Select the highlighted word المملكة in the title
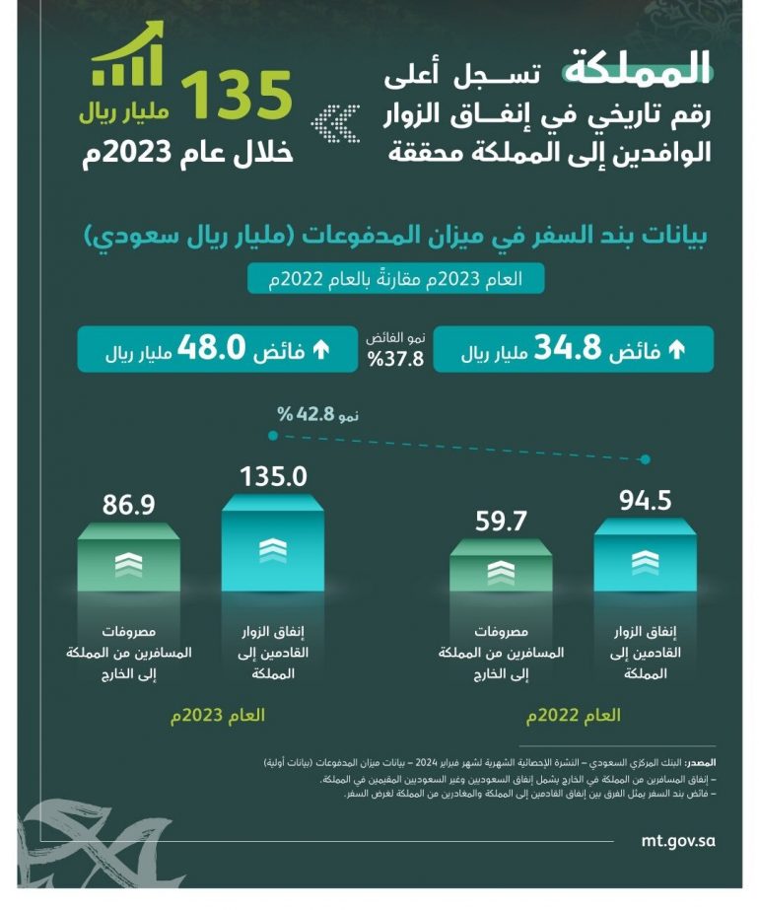point(637,69)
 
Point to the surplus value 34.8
point(567,349)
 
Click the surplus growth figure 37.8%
point(395,359)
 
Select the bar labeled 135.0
point(272,547)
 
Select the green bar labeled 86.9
point(128,562)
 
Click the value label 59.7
point(501,520)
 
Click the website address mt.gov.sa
point(676,841)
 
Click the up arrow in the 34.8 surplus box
point(676,349)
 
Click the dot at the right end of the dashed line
point(646,459)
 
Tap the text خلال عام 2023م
point(187,153)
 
